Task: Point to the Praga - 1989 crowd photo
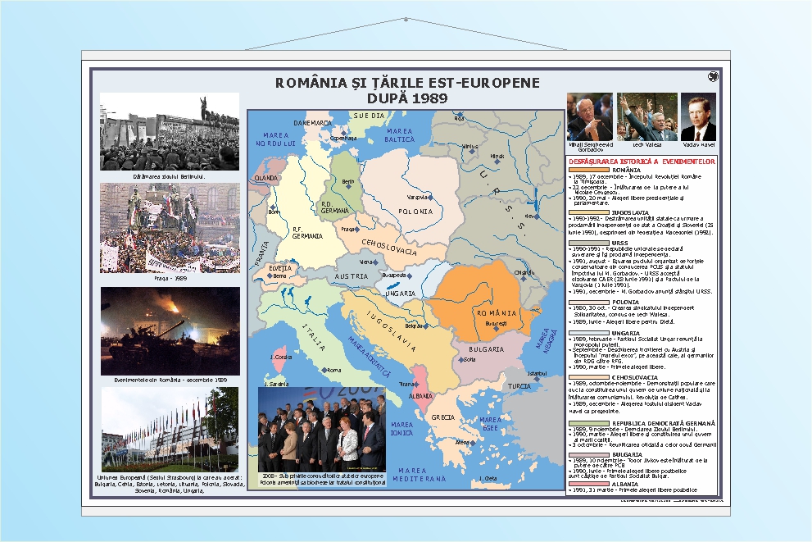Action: pyautogui.click(x=170, y=227)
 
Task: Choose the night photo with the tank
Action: pyautogui.click(x=170, y=330)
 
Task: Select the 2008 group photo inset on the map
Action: pyautogui.click(x=321, y=434)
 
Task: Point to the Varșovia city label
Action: pyautogui.click(x=419, y=197)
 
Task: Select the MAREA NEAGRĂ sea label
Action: pyautogui.click(x=542, y=337)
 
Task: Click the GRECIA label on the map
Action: pyautogui.click(x=442, y=417)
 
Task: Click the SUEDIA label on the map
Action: pyautogui.click(x=368, y=116)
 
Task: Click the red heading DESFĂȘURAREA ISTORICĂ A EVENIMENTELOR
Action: pyautogui.click(x=642, y=162)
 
